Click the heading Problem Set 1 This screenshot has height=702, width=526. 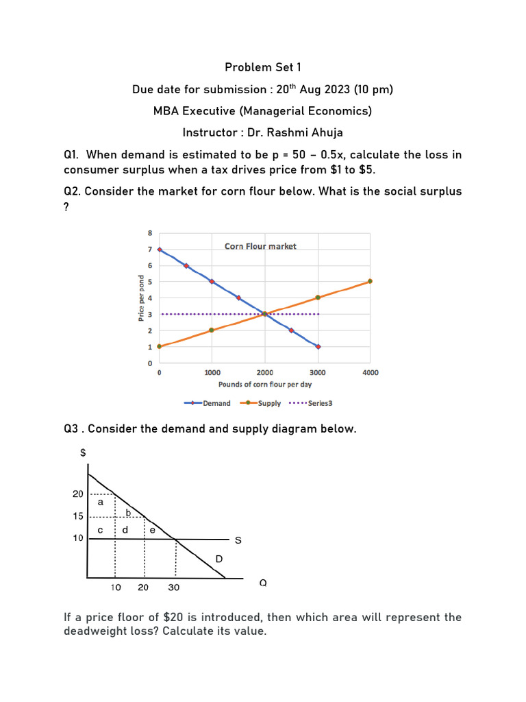tap(262, 67)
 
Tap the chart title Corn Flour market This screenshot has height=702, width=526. tap(260, 246)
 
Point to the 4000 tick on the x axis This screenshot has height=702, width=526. tap(370, 373)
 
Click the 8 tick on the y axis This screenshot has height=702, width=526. tap(150, 233)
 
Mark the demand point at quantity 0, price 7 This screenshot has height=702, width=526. tap(160, 250)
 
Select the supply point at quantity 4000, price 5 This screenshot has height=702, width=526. tap(370, 281)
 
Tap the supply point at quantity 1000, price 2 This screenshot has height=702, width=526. tap(212, 330)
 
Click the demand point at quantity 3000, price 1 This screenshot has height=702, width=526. tap(317, 347)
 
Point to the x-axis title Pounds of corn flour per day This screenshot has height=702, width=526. tap(265, 385)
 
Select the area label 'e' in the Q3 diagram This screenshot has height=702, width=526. tap(152, 530)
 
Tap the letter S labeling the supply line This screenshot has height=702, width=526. tap(238, 540)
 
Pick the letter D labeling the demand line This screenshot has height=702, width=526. tap(218, 559)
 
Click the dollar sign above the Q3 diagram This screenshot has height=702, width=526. tap(83, 452)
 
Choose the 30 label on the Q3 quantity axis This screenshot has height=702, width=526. tap(173, 588)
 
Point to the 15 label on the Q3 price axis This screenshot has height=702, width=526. tap(79, 516)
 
